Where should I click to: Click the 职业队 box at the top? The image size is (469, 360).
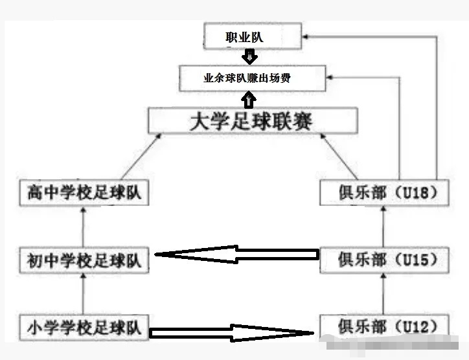point(252,37)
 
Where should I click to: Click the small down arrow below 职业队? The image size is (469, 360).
point(247,58)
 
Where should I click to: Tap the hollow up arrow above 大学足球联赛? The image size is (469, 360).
point(248,100)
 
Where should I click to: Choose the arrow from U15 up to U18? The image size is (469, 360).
point(383,227)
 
